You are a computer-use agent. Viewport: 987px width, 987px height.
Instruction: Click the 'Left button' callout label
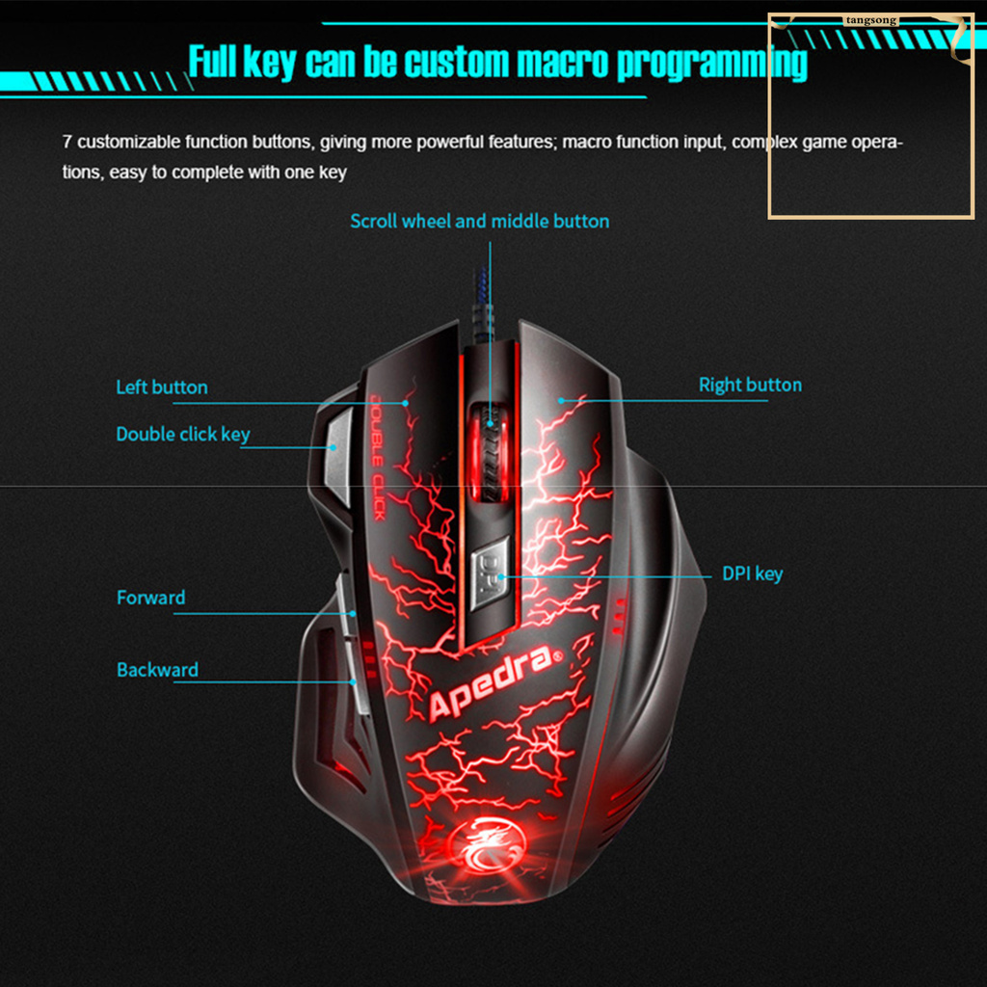[161, 387]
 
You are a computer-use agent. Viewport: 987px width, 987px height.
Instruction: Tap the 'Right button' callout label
[750, 385]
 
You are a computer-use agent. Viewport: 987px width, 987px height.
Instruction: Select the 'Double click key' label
[182, 434]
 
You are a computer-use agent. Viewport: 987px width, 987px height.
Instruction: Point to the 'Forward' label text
[150, 598]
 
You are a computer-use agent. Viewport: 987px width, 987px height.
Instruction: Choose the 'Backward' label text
[157, 670]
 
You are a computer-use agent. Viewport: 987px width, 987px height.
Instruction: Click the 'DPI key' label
[752, 574]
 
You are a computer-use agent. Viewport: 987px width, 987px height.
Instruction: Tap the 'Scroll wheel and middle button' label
[479, 222]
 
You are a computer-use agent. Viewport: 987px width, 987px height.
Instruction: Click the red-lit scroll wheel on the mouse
[491, 451]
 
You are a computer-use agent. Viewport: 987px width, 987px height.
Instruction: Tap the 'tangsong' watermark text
[871, 19]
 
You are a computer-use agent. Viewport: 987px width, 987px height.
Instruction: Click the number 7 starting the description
[67, 143]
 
